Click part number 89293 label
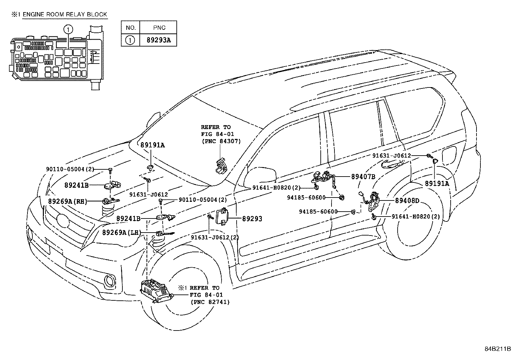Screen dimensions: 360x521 (x=252, y=219)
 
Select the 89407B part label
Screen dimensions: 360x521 (x=363, y=177)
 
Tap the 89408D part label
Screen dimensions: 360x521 (x=407, y=200)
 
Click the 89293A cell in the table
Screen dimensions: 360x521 (x=158, y=40)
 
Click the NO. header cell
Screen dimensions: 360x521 (x=130, y=28)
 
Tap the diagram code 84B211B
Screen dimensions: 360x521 (x=497, y=349)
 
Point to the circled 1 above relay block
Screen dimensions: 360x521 (x=68, y=30)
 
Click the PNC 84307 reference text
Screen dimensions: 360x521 (x=221, y=141)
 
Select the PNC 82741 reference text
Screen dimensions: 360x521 (x=210, y=302)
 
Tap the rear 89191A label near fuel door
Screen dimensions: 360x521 (x=437, y=183)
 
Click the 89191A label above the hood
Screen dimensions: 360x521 (x=153, y=145)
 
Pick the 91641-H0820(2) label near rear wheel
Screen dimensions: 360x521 (x=416, y=217)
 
